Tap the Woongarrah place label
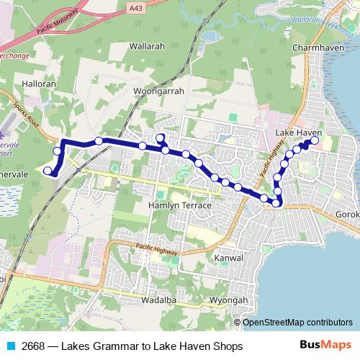pos(159,91)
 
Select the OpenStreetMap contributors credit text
pos(297,322)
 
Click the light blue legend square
pos(10,346)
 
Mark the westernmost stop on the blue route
pos(48,171)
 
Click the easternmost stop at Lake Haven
pos(315,140)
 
